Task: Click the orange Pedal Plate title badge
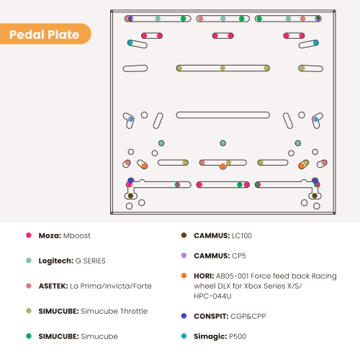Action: click(x=45, y=34)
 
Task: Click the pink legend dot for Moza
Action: click(x=29, y=235)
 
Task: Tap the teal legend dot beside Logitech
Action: click(x=29, y=261)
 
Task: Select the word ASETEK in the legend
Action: click(x=53, y=286)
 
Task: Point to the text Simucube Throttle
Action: click(x=114, y=311)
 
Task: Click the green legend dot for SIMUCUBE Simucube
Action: click(x=29, y=336)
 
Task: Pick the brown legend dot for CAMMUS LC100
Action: click(x=184, y=235)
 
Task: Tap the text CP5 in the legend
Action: click(x=239, y=256)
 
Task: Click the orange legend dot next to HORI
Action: click(x=184, y=276)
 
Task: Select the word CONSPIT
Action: click(x=211, y=316)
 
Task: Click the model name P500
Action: click(x=238, y=336)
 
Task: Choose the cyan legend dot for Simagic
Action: click(x=184, y=336)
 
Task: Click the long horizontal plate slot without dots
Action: click(x=223, y=115)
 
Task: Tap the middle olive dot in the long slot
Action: click(x=222, y=68)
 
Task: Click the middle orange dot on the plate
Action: click(x=223, y=166)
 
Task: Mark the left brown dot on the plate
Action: click(x=130, y=196)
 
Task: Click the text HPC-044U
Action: click(x=212, y=296)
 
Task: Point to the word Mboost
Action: click(x=77, y=235)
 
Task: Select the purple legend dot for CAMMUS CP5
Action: click(x=184, y=256)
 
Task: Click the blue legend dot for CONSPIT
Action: click(x=184, y=316)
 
